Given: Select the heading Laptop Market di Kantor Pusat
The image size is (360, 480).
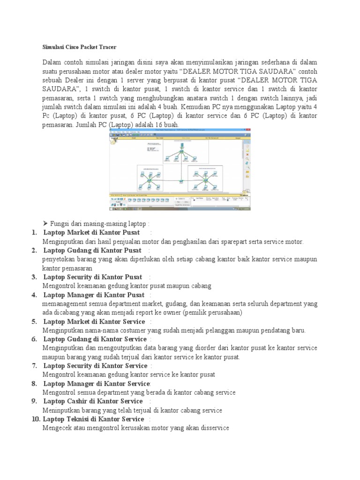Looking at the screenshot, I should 91,232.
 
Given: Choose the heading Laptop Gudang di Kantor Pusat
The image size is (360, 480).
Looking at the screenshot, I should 92,250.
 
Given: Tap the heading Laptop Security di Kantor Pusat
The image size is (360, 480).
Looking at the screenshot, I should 93,277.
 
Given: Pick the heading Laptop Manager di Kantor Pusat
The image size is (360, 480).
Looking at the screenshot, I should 94,295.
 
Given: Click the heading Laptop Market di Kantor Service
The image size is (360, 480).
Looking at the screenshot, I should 94,322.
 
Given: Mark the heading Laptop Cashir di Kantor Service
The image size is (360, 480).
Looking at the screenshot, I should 93,401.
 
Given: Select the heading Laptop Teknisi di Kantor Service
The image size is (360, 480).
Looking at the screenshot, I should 94,419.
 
